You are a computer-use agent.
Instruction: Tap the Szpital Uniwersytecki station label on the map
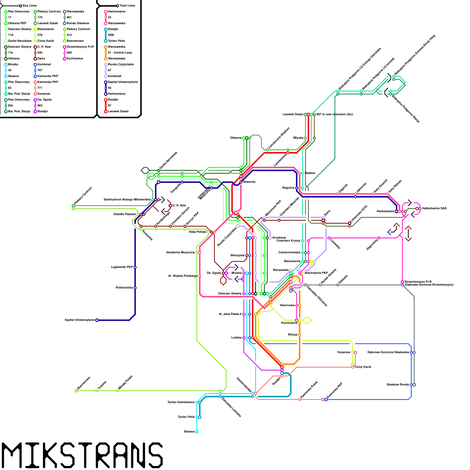point(80,320)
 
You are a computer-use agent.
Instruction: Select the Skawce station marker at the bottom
point(197,432)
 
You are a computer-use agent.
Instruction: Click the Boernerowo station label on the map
point(84,382)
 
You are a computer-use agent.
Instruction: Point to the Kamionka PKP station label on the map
point(335,390)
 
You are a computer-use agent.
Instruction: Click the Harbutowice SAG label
point(434,208)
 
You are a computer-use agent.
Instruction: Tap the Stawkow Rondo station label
point(398,385)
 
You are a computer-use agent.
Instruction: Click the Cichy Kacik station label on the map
point(363,367)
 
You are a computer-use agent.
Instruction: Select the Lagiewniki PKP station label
point(122,267)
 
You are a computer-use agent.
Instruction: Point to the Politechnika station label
point(124,288)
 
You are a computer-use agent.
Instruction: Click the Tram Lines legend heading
point(127,6)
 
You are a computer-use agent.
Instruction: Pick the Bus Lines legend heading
point(30,6)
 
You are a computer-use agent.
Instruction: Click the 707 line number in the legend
point(40,70)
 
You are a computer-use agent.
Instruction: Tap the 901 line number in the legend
point(69,17)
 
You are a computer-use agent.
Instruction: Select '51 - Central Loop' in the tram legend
point(120,53)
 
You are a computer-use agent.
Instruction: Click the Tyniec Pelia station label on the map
point(186,417)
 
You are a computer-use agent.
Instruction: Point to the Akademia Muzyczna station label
point(180,252)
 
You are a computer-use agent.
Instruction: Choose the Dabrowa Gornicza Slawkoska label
point(388,352)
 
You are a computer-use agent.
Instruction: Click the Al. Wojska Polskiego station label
point(183,276)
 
